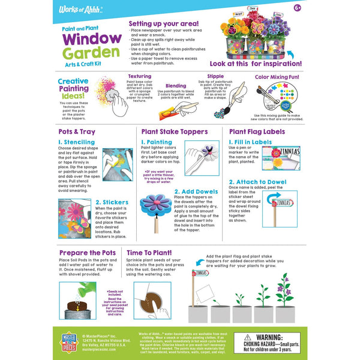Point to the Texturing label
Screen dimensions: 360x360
[x=140, y=77]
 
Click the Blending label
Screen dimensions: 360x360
[x=176, y=85]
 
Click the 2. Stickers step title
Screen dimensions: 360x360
[x=110, y=202]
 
